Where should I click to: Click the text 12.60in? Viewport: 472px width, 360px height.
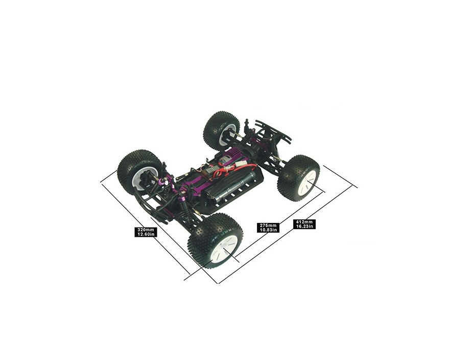tap(146, 234)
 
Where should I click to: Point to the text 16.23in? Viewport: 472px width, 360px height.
tap(304, 227)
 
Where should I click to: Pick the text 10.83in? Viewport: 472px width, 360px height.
tap(268, 230)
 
